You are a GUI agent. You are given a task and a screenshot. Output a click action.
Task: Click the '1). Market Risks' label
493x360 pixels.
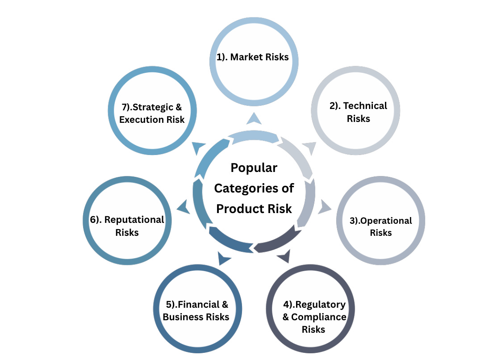click(253, 58)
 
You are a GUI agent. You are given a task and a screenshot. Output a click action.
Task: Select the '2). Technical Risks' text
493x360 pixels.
click(359, 113)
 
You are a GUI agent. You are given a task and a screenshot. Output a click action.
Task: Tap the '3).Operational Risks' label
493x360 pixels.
click(380, 226)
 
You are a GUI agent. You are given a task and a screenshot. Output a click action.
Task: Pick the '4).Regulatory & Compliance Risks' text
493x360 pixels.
click(314, 317)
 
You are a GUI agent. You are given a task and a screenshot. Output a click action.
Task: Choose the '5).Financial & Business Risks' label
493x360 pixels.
click(196, 311)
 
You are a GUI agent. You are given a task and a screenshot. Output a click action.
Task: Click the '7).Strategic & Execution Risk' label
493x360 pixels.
click(152, 113)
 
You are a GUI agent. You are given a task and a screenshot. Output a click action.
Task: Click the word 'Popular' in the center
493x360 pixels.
click(254, 168)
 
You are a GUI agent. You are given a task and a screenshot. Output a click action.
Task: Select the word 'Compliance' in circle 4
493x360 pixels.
click(318, 317)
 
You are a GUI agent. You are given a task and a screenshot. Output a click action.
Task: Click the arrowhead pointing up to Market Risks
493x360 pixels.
click(254, 118)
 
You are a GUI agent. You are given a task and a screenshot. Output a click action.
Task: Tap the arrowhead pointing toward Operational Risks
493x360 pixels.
click(325, 207)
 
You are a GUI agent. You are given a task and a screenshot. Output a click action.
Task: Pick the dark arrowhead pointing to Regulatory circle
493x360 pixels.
click(284, 256)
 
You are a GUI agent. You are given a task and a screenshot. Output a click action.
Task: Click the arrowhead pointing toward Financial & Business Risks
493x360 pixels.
click(224, 258)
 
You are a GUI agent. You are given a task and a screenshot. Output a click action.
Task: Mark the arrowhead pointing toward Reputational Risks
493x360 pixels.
click(183, 207)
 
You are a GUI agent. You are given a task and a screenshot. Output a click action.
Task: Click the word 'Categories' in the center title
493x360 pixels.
click(254, 188)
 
